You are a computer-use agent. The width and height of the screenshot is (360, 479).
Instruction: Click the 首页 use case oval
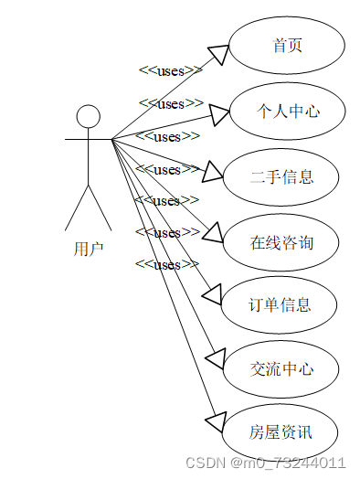tap(287, 46)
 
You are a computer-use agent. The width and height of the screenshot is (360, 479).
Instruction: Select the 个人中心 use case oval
tap(287, 112)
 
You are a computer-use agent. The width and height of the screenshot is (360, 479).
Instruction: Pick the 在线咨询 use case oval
tap(282, 242)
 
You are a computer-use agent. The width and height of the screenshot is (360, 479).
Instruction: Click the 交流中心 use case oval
tap(282, 369)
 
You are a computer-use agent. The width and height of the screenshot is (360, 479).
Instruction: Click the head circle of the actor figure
tap(88, 116)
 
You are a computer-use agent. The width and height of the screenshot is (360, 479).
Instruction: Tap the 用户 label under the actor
tap(89, 248)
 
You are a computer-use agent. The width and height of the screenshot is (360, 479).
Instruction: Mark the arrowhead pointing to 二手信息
tap(212, 171)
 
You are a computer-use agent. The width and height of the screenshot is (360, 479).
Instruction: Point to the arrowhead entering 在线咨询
tap(213, 232)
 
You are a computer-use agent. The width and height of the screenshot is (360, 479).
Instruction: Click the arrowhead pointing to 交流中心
tap(215, 357)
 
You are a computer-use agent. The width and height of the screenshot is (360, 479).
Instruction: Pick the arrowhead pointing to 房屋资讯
tap(215, 420)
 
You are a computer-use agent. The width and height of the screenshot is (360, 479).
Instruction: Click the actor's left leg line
tap(77, 208)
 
